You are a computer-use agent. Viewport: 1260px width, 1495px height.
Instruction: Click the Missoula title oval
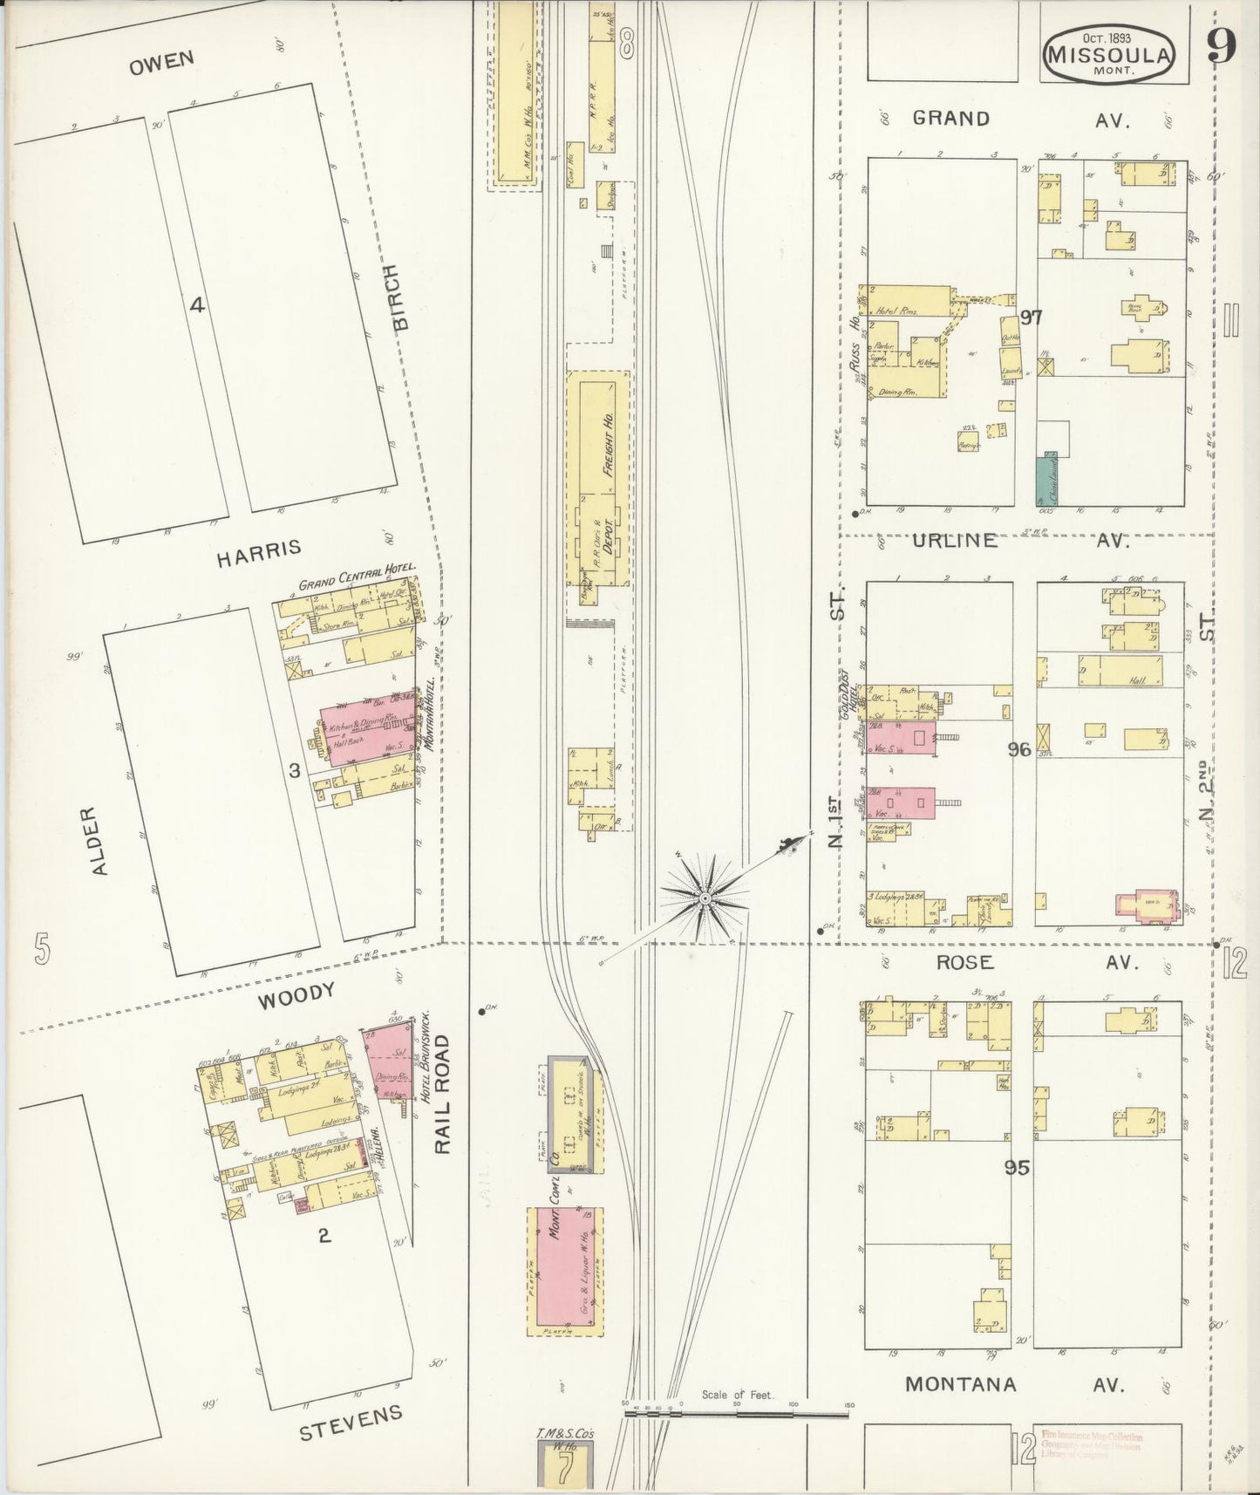[x=1110, y=52]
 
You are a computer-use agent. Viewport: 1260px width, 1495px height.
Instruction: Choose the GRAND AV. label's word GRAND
[x=950, y=119]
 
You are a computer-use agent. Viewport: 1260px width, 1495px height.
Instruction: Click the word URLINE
[x=955, y=541]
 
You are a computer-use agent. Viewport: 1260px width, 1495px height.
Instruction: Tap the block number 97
[x=1031, y=317]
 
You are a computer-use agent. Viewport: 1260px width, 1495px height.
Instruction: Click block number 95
[x=1017, y=1168]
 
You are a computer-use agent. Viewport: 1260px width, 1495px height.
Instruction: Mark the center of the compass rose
[x=703, y=897]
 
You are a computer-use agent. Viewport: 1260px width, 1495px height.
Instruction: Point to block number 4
[x=198, y=305]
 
